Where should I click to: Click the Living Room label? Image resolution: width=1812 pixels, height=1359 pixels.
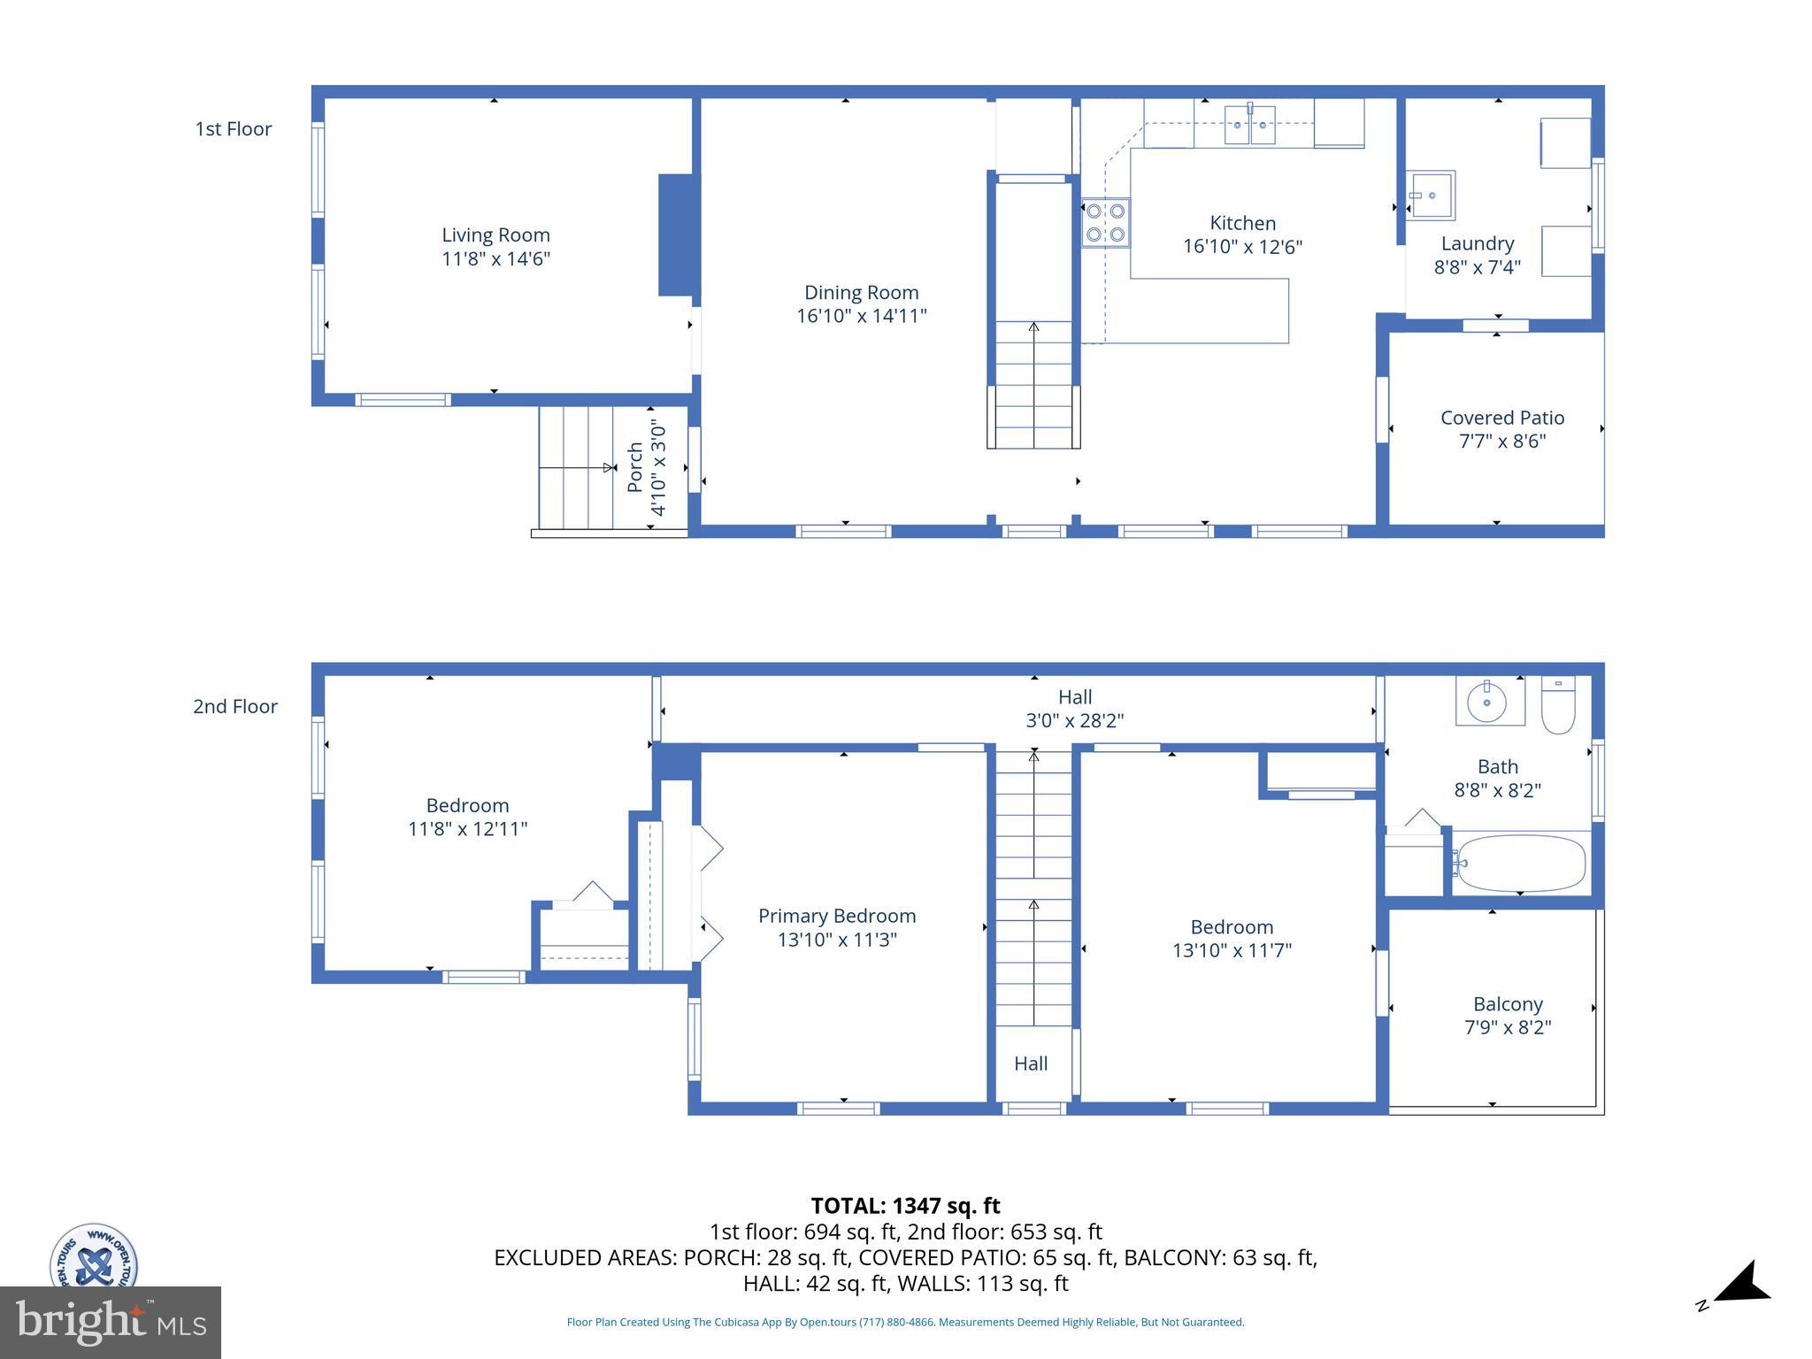coord(495,235)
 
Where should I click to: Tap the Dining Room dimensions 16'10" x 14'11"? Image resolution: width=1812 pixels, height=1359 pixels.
coord(861,316)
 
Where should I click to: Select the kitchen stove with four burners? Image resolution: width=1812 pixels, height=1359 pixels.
coord(1105,223)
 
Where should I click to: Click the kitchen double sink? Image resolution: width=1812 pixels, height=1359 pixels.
coord(1250,125)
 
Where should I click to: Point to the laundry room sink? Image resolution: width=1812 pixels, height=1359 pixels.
coord(1431,195)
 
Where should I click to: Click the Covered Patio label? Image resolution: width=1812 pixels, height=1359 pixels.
coord(1501,418)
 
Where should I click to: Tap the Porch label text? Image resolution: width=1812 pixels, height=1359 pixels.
coord(635,467)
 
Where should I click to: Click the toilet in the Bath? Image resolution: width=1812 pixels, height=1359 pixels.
coord(1558,706)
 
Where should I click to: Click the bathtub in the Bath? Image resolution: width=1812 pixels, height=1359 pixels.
coord(1520,863)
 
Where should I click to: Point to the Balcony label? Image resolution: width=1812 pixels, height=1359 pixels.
coord(1508,1004)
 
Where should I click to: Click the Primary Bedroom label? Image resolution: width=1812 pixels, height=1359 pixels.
coord(836,916)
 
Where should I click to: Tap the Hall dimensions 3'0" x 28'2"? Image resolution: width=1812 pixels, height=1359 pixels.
coord(1074,720)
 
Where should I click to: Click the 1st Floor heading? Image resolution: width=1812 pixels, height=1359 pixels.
coord(234,129)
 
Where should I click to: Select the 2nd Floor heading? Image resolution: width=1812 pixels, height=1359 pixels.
coord(235,706)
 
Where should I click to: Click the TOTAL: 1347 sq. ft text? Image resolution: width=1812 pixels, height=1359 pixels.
coord(905,1206)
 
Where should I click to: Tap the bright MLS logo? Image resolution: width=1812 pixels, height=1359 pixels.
coord(111,1322)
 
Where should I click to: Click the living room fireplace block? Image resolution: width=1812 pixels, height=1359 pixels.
coord(677,235)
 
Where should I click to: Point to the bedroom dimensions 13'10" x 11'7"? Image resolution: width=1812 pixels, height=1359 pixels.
coord(1232,950)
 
